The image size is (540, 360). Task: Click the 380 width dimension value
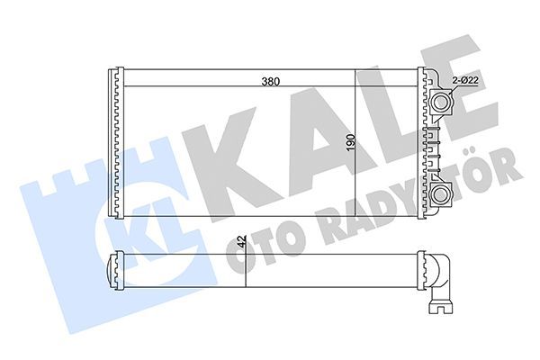270,81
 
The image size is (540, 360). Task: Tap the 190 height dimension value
350,143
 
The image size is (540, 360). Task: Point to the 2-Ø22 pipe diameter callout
465,81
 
